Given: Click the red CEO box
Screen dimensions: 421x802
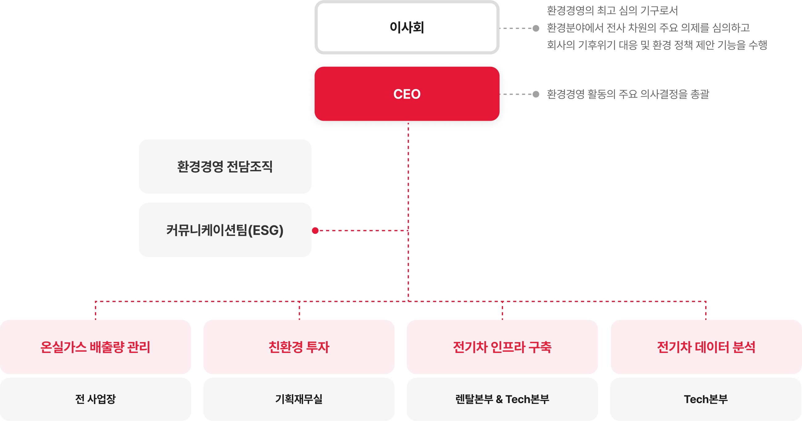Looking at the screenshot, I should coord(407,94).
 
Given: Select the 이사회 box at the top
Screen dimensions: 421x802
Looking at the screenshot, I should coord(407,27).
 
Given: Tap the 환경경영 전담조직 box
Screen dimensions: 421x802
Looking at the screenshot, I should coord(225,167).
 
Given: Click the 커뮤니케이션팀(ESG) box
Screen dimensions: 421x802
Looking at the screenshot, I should coord(225,230).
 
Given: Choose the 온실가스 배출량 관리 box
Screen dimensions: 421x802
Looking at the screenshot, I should coord(95,347).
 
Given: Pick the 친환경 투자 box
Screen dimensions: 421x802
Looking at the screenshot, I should coord(299,347).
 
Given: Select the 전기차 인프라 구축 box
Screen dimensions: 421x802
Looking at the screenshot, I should coord(502,347).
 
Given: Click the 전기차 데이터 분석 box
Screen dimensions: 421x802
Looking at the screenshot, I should coord(706,347).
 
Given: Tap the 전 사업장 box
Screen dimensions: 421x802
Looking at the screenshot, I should coord(95,399).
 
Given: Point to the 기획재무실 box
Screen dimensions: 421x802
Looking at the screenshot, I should coord(299,399).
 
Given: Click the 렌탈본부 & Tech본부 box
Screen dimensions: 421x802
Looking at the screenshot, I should coord(502,399).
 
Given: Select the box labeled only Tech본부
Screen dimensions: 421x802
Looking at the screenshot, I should coord(706,399).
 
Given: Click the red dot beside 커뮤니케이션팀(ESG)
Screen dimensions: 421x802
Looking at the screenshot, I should coord(315,231).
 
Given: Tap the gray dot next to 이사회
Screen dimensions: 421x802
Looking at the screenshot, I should coord(536,28).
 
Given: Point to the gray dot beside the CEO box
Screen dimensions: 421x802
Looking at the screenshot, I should coord(536,94).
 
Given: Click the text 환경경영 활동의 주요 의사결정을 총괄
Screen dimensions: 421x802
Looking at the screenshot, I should coord(628,94).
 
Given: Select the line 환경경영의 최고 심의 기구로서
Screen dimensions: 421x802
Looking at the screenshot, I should coord(612,11).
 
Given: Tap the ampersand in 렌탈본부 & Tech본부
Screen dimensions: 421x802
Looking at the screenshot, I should coord(499,399).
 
